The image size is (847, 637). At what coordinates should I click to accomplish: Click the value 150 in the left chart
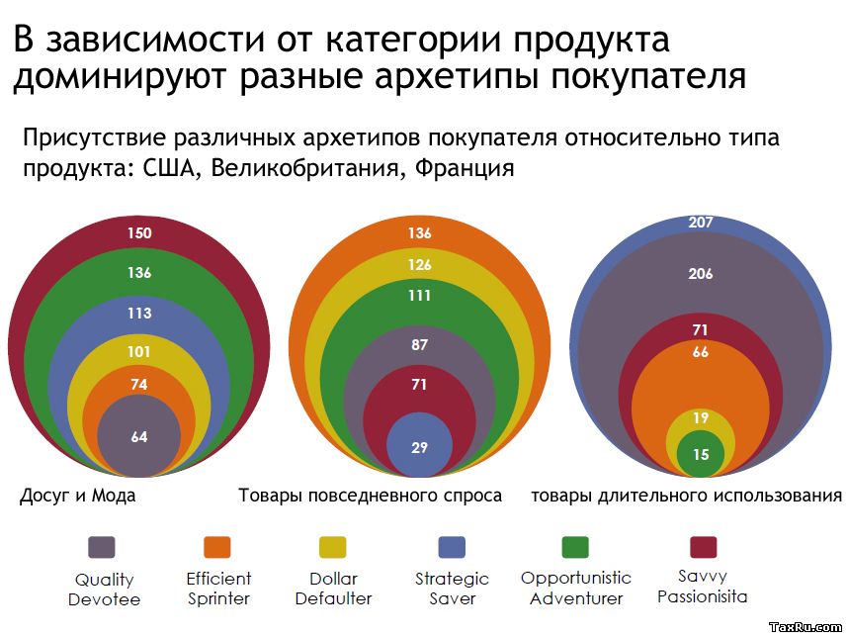139,233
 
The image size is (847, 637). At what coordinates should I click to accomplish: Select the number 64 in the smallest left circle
139,436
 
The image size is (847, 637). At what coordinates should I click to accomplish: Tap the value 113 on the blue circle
139,313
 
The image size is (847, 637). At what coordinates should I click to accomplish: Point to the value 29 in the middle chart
419,448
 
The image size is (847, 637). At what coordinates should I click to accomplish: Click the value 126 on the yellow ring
419,264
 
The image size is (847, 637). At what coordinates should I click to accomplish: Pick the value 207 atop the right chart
700,223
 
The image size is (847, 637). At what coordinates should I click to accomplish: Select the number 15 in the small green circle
700,455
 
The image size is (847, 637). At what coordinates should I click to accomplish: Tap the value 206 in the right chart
700,274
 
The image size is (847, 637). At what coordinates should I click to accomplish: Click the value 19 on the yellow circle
700,418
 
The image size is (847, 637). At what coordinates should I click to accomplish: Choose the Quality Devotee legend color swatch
102,547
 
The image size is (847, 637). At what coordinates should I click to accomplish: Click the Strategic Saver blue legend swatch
452,547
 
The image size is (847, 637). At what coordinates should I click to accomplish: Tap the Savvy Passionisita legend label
702,586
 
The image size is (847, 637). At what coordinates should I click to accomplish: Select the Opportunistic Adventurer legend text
576,588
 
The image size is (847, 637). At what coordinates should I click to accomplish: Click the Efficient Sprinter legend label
218,588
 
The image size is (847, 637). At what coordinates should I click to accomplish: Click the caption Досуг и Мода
78,496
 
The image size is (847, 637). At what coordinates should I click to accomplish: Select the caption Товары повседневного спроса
370,496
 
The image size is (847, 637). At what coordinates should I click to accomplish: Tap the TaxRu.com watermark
805,627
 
